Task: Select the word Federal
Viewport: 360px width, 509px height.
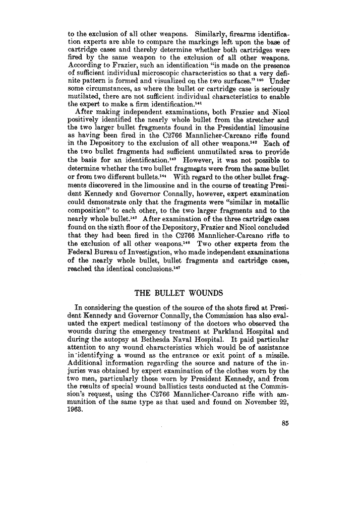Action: point(82,258)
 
